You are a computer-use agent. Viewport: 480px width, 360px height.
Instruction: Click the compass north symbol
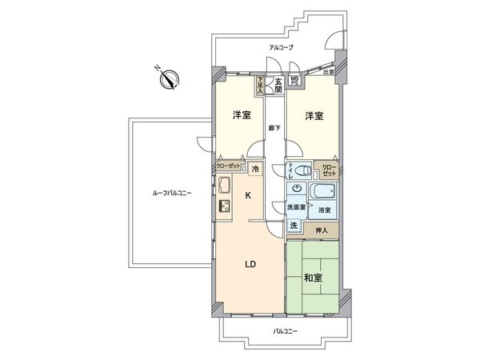[170, 79]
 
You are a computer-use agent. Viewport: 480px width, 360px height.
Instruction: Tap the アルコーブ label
[281, 49]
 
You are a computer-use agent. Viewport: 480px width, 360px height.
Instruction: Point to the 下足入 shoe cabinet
[259, 82]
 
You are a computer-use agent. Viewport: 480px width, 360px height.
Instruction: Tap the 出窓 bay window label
[328, 71]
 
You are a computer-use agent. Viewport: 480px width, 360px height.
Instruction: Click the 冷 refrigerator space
[255, 170]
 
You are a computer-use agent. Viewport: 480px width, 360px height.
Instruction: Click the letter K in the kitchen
[248, 195]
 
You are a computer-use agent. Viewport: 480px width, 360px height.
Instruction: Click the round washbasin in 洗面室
[297, 190]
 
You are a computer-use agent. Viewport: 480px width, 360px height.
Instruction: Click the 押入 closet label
[319, 229]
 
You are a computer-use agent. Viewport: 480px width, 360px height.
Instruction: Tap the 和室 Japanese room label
[313, 278]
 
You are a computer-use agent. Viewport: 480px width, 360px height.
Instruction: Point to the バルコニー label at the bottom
[285, 330]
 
